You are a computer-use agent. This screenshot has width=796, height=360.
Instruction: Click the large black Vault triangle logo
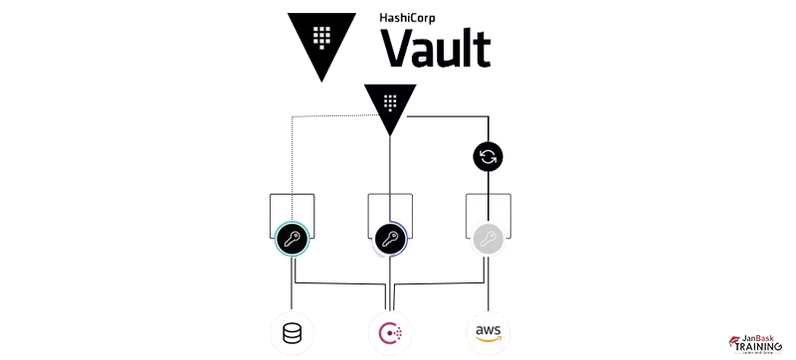pyautogui.click(x=320, y=41)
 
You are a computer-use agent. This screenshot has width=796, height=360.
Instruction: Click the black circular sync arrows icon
pyautogui.click(x=487, y=156)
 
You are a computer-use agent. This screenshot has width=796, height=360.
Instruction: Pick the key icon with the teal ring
pyautogui.click(x=292, y=239)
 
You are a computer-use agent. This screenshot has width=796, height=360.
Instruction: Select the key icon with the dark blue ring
pyautogui.click(x=389, y=239)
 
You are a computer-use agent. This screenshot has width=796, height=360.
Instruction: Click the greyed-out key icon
pyautogui.click(x=487, y=239)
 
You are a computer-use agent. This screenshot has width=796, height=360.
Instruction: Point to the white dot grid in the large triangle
pyautogui.click(x=320, y=36)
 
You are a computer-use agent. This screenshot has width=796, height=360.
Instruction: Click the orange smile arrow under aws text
pyautogui.click(x=487, y=339)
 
